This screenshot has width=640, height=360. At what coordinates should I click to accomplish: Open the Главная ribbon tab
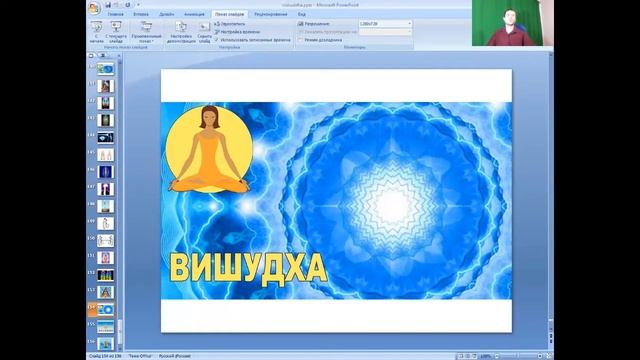point(116,14)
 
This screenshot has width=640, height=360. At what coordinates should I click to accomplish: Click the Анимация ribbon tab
point(195,14)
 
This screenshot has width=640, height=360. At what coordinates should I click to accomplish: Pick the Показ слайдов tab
point(228,14)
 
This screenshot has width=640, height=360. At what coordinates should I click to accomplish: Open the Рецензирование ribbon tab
point(271,14)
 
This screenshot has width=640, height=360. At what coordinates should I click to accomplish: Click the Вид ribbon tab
point(302,14)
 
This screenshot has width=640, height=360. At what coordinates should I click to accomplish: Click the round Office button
point(93,8)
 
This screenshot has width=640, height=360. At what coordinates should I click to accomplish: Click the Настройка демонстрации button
point(180,32)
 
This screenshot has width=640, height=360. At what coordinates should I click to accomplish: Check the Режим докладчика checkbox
point(300,39)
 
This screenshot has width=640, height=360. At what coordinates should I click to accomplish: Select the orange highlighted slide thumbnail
point(105,310)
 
